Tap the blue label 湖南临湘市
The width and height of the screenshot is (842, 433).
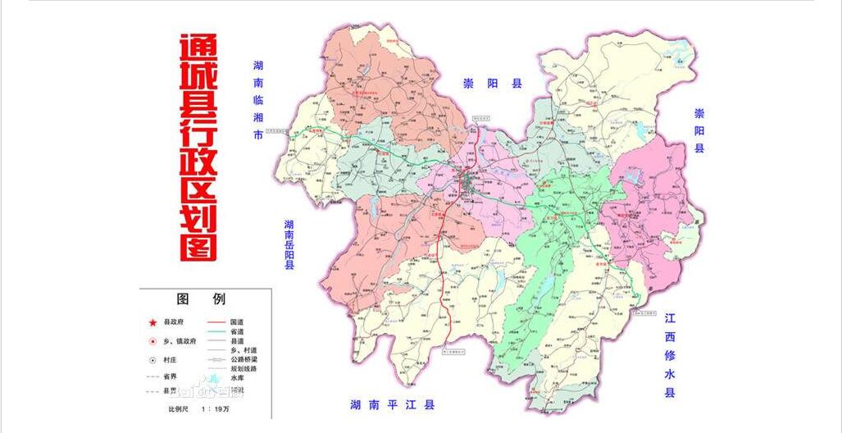(x=258, y=100)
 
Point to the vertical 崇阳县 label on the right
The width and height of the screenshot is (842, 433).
(x=699, y=130)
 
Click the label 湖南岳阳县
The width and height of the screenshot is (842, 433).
(x=289, y=244)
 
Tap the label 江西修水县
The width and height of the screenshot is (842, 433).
(x=670, y=355)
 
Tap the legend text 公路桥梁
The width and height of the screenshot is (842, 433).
(x=247, y=359)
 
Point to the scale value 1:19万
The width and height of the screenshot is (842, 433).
(x=211, y=408)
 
